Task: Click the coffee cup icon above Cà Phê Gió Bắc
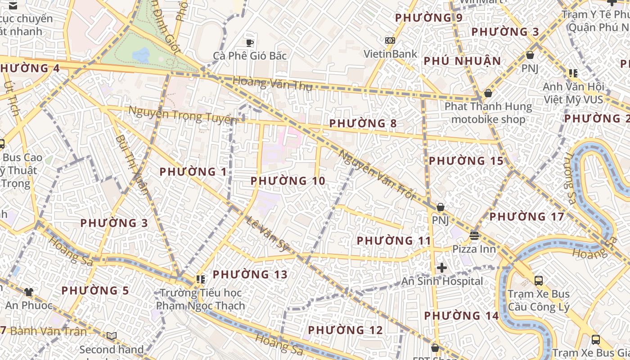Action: coord(250,43)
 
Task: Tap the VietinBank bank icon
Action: coord(390,40)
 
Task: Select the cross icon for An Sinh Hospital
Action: coord(442,268)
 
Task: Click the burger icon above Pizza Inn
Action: coord(474,235)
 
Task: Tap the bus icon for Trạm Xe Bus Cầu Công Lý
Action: coord(538,281)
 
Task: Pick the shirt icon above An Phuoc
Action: coord(29,292)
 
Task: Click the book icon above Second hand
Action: coord(111,336)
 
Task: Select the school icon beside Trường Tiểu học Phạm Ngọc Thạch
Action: coord(201,279)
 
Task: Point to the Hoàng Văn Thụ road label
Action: coord(272,84)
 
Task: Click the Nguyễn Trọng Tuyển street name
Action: coord(182,115)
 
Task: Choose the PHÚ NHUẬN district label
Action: coord(462,61)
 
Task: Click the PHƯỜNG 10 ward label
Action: coord(288,181)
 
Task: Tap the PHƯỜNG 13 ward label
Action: coord(250,274)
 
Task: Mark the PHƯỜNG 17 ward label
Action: coord(526,217)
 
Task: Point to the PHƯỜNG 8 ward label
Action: coord(364,123)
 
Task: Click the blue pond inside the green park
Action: coord(141,55)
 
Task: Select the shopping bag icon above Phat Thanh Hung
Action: coord(488,93)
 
